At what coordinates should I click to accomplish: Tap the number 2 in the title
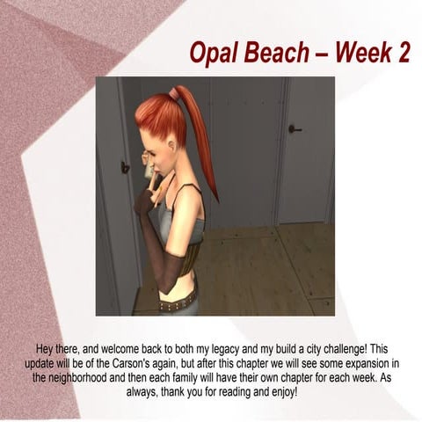tap(401, 53)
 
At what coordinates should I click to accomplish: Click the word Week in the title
tap(363, 53)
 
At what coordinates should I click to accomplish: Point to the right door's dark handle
tap(295, 129)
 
